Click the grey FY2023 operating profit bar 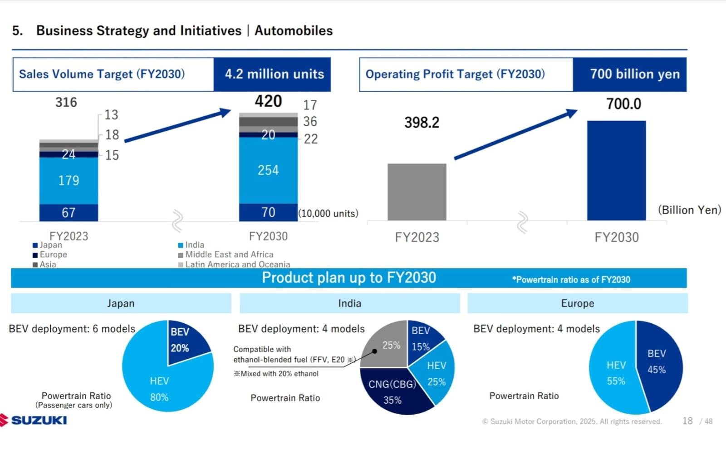[x=417, y=192]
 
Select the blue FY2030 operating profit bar [x=616, y=170]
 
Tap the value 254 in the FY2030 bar [x=268, y=170]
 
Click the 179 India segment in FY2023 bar [x=69, y=181]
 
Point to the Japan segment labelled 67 [x=69, y=213]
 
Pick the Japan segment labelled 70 [x=268, y=212]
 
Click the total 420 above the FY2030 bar [x=268, y=101]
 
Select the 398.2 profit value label [x=422, y=123]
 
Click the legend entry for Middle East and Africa [x=229, y=255]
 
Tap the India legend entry [x=194, y=245]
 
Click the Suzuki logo [x=34, y=420]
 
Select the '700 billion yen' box [x=634, y=74]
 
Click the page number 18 [x=687, y=421]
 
